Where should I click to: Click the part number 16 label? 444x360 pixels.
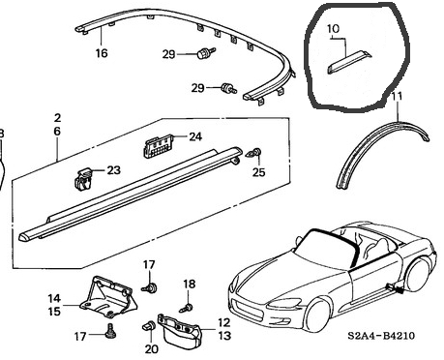(x=102, y=53)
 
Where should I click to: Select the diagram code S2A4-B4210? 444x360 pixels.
(x=381, y=336)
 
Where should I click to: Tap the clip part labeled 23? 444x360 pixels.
(x=82, y=179)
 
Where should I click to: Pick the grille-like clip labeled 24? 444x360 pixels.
(x=158, y=146)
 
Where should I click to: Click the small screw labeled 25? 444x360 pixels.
(x=254, y=153)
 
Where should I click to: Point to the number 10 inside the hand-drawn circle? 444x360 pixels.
(x=333, y=29)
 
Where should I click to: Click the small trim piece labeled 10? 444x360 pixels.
(x=349, y=62)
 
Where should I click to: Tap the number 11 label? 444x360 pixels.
(x=397, y=96)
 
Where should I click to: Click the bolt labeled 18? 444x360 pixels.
(x=187, y=308)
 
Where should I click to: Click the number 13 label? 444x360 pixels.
(x=224, y=336)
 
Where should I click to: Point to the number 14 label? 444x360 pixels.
(x=54, y=298)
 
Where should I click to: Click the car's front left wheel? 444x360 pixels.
(x=316, y=315)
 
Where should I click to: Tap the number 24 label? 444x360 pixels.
(x=195, y=136)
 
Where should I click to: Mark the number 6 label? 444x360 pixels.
(x=57, y=132)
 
